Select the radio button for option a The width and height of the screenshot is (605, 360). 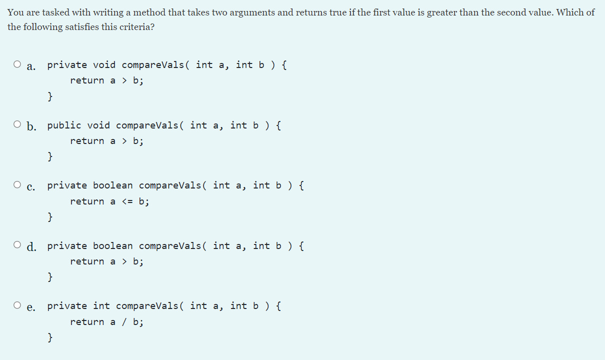click(x=17, y=64)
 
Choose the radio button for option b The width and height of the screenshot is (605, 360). click(x=17, y=124)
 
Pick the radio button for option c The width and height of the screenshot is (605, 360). click(x=17, y=185)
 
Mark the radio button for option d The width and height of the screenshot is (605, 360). click(x=17, y=245)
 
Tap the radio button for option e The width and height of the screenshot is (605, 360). click(x=17, y=305)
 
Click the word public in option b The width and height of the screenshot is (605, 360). click(x=64, y=125)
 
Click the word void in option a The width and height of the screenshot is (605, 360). click(x=104, y=65)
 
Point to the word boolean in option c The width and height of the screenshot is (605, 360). click(x=113, y=185)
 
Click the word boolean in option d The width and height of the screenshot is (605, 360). click(x=113, y=246)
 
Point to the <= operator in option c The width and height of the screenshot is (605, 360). click(x=127, y=201)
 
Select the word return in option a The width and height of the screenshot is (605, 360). click(x=87, y=80)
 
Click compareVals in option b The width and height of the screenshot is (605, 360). click(x=147, y=125)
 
